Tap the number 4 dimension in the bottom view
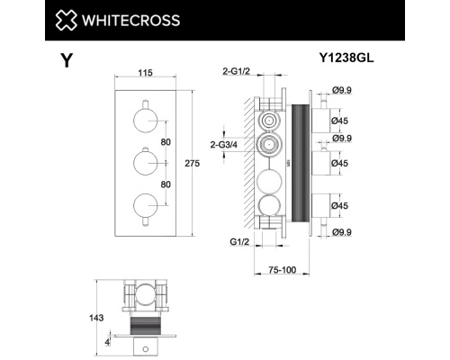click(108, 341)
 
